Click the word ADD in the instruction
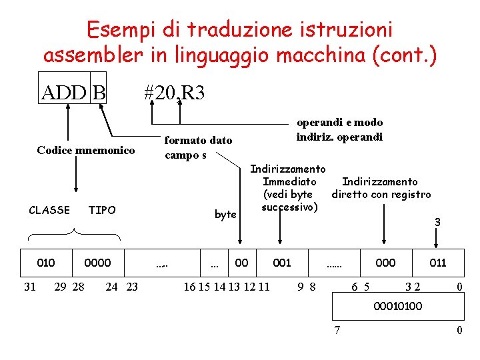63,92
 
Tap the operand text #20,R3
174,92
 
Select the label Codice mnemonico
86,150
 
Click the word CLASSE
49,210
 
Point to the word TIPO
102,210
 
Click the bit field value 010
46,263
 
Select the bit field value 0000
98,263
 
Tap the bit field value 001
282,263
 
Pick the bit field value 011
438,263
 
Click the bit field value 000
385,263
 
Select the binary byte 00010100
398,307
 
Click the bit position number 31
30,287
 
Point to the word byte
225,214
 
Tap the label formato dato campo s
198,147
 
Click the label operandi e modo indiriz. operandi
339,129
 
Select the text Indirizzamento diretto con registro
381,188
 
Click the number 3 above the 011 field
437,222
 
